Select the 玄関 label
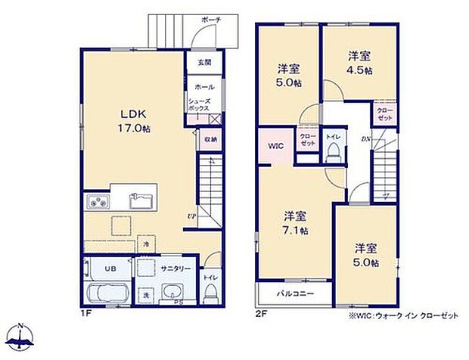point(204,63)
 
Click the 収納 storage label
point(210,139)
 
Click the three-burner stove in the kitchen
point(98,202)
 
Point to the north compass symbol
point(23,338)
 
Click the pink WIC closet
point(273,147)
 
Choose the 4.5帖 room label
point(360,63)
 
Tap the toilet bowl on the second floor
point(332,154)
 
